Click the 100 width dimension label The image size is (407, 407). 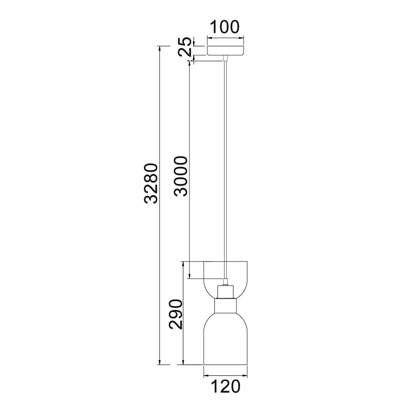click(225, 27)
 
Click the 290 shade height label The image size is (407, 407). click(175, 314)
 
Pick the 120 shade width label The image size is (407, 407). click(225, 387)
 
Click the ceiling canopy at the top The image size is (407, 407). click(225, 50)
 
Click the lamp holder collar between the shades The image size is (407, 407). click(225, 306)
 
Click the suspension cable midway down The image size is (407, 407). click(225, 163)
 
